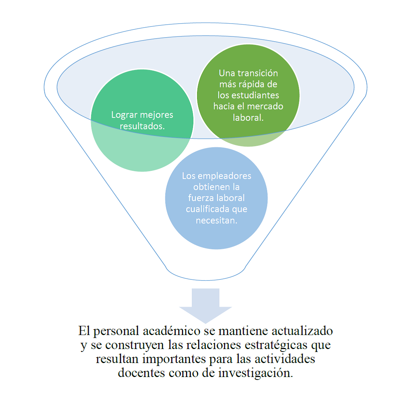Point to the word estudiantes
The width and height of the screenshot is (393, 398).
coord(257,95)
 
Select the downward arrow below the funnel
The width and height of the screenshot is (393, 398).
coord(206,304)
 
